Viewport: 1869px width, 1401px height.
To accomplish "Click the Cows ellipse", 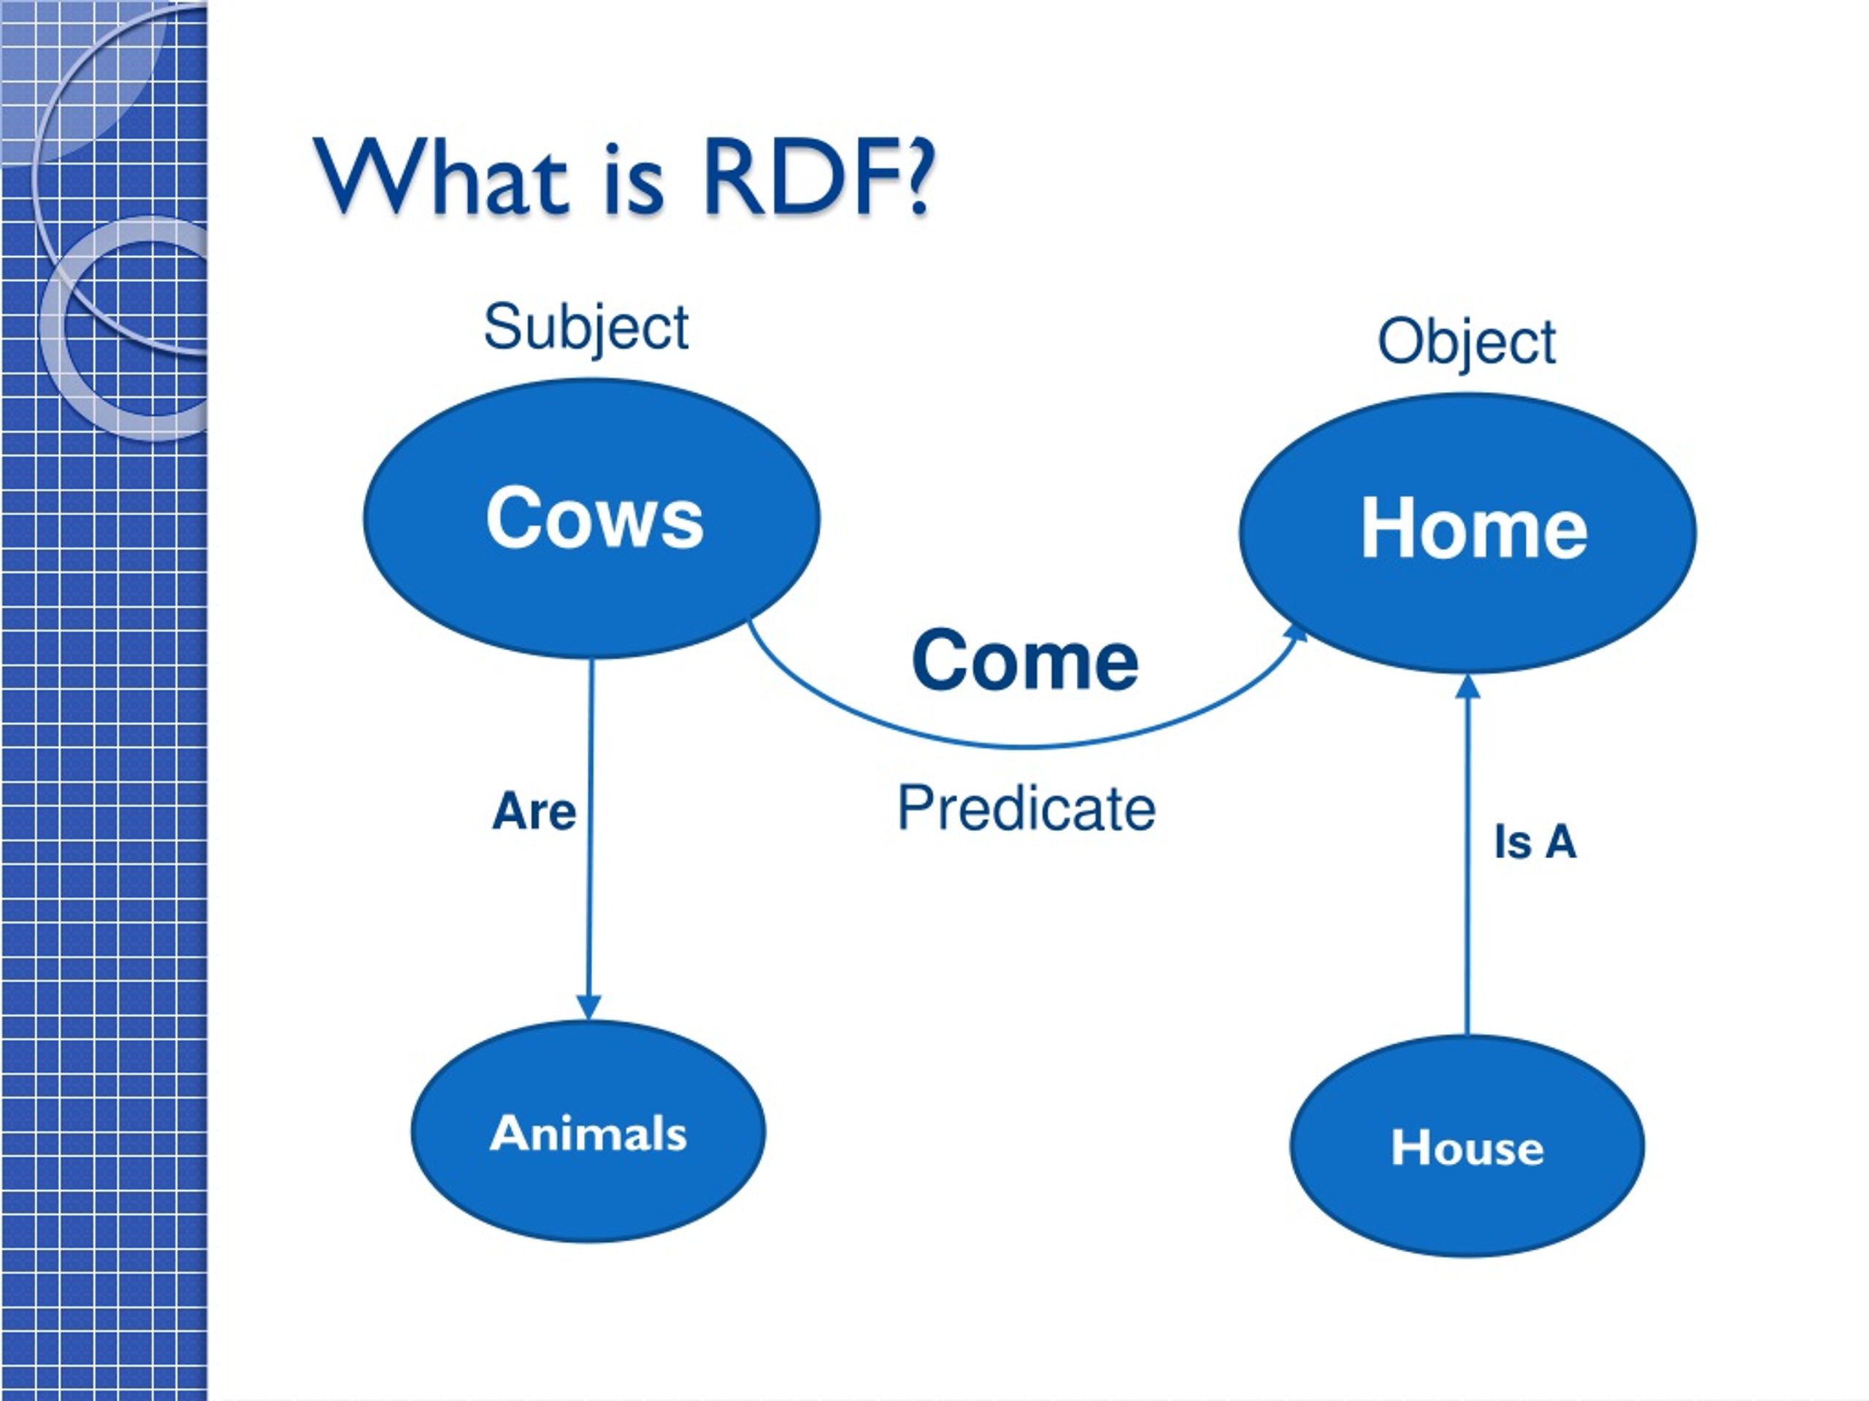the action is pos(591,519).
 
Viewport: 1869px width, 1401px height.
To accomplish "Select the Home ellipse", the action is pos(1467,533).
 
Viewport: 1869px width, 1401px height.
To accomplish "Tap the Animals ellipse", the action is pos(588,1132).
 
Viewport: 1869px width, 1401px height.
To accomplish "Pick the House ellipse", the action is pos(1467,1145).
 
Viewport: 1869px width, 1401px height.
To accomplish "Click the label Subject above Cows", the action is pos(586,328).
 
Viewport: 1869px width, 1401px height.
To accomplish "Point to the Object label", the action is pos(1467,341).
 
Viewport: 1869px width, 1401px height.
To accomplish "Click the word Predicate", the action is pos(1026,808).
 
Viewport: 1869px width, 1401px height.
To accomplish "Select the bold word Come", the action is pos(1025,660).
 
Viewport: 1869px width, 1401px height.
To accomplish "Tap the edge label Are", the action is pos(534,811).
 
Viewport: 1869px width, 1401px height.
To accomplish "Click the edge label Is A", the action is pos(1535,842).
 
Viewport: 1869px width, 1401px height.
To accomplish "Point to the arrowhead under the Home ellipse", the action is pos(1470,687).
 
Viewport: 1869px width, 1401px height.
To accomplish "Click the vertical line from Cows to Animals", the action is pos(590,841).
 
